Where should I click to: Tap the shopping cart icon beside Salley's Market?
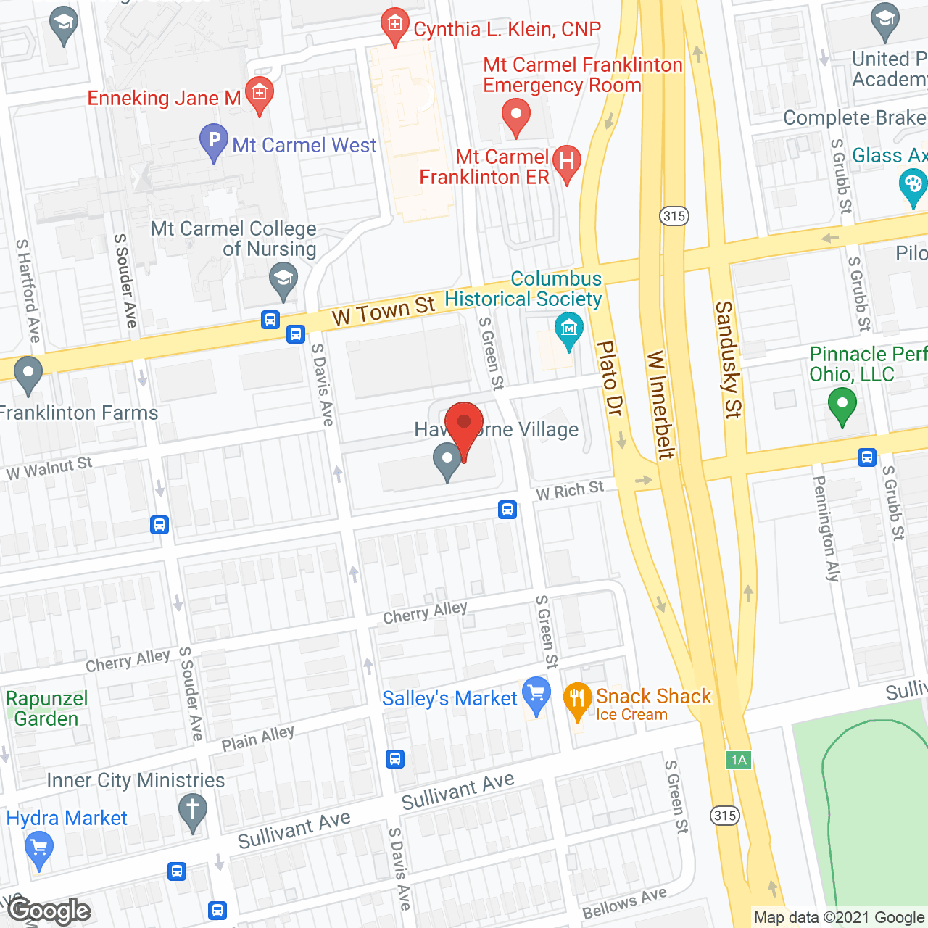tap(536, 694)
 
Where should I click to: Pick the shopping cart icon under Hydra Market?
tap(39, 848)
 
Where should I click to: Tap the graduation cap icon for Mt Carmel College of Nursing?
tap(283, 278)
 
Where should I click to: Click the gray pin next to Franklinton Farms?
tap(28, 373)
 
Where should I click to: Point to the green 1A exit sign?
tap(738, 760)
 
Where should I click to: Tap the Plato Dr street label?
tap(609, 378)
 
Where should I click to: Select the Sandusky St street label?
tap(727, 360)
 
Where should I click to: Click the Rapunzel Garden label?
tap(46, 708)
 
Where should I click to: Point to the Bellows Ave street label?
tap(624, 903)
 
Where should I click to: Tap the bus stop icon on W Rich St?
tap(507, 510)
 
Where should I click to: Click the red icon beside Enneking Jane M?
tap(259, 93)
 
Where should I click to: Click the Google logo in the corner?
tap(49, 910)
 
